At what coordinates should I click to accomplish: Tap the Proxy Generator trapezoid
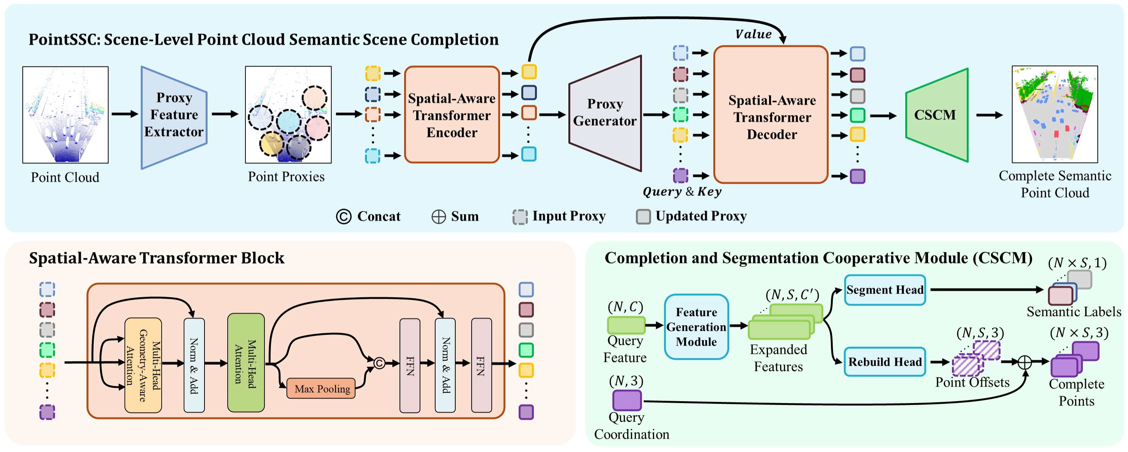(605, 113)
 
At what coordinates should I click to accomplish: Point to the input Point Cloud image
(66, 115)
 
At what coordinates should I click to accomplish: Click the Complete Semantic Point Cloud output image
(1054, 114)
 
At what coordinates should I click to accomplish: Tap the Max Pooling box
(321, 389)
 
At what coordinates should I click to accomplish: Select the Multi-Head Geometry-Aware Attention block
(143, 365)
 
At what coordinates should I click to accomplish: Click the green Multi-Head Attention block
(245, 363)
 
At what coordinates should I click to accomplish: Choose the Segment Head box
(884, 290)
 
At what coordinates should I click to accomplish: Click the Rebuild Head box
(884, 362)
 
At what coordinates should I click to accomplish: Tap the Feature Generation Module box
(696, 327)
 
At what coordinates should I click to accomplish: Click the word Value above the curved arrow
(753, 34)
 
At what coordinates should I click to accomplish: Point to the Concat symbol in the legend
(344, 216)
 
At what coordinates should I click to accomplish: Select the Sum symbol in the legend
(438, 216)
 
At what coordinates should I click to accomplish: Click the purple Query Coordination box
(627, 400)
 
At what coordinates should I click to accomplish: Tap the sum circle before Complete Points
(1025, 362)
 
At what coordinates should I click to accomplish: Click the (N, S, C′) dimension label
(792, 295)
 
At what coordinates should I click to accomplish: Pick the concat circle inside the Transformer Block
(379, 363)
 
